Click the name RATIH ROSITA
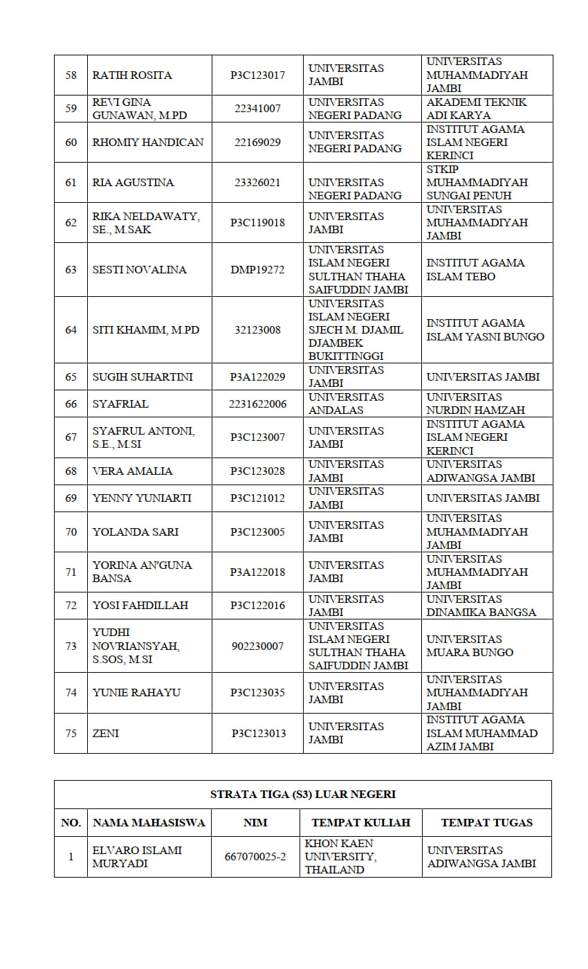click(x=132, y=75)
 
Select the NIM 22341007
click(x=257, y=109)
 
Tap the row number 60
click(x=71, y=142)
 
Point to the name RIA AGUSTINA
click(x=134, y=182)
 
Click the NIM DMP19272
click(x=257, y=269)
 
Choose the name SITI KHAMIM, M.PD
click(x=146, y=329)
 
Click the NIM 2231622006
click(x=257, y=404)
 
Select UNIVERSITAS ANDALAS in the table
click(x=346, y=404)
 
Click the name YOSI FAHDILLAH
click(x=140, y=605)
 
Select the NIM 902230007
click(x=257, y=646)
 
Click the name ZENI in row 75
click(x=106, y=733)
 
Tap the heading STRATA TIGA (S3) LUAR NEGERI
click(x=303, y=794)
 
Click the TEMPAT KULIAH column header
click(x=361, y=822)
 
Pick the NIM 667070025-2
click(x=255, y=857)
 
